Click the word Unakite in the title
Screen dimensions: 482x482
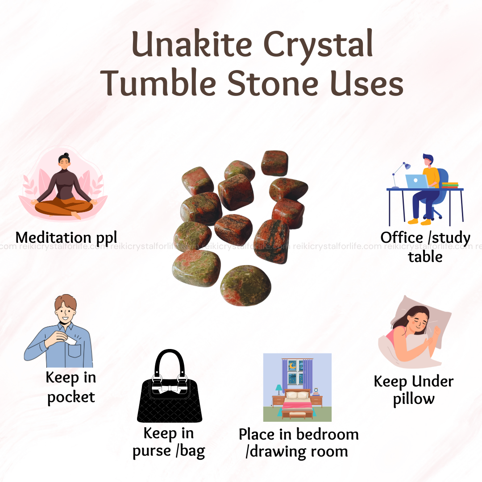[x=192, y=45]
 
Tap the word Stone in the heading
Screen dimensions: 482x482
[x=273, y=83]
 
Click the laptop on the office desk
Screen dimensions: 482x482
[x=417, y=181]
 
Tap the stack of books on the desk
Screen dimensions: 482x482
[x=450, y=185]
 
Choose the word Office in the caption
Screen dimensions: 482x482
[x=402, y=237]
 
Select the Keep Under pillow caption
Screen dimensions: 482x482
[x=413, y=390]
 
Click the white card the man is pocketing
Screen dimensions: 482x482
[x=70, y=340]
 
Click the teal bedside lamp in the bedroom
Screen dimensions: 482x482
[x=278, y=390]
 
